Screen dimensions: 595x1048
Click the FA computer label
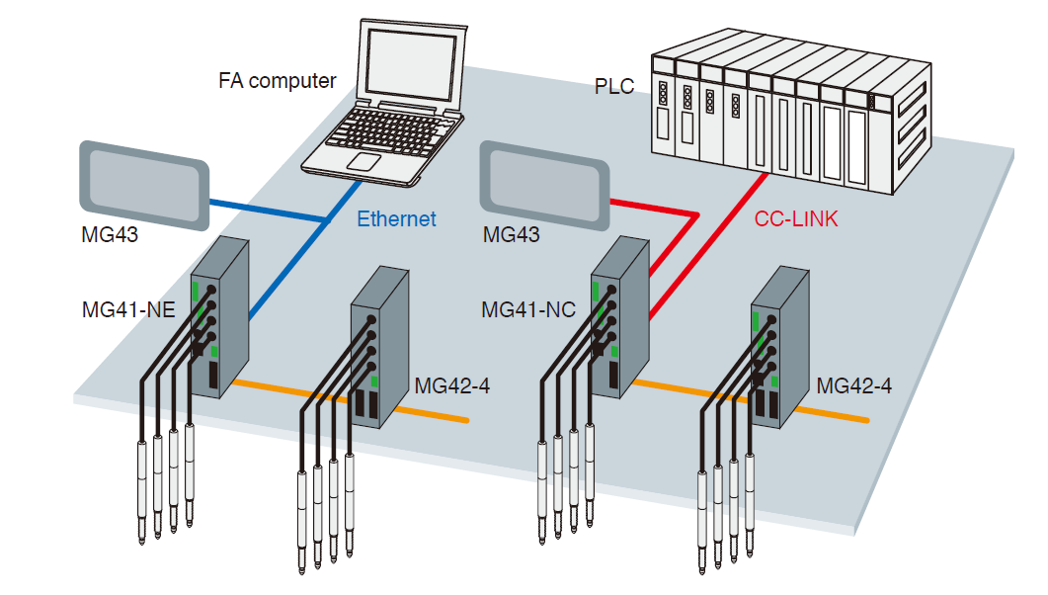coord(278,81)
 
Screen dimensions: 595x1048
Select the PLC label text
coord(614,87)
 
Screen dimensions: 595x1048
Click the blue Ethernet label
coord(396,218)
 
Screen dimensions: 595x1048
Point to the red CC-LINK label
coord(796,219)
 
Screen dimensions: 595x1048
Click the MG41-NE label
coord(128,310)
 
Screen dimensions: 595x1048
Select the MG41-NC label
coord(528,310)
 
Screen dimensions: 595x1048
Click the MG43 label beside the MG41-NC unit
coord(512,236)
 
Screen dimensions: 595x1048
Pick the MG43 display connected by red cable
coord(542,184)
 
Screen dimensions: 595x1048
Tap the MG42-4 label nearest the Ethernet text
coord(452,386)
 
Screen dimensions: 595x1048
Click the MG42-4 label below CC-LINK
coord(854,386)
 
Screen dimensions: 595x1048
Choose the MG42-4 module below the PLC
coord(780,351)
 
